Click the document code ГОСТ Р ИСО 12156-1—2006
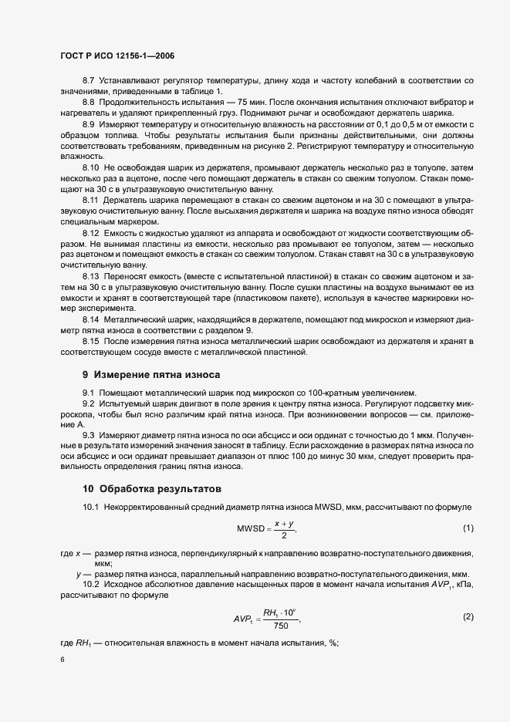tap(117, 56)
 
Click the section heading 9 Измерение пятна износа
tap(152, 376)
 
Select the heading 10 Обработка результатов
tap(152, 488)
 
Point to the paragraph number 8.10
tap(92, 167)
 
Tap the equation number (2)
tap(468, 617)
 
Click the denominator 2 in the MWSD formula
tap(284, 536)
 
